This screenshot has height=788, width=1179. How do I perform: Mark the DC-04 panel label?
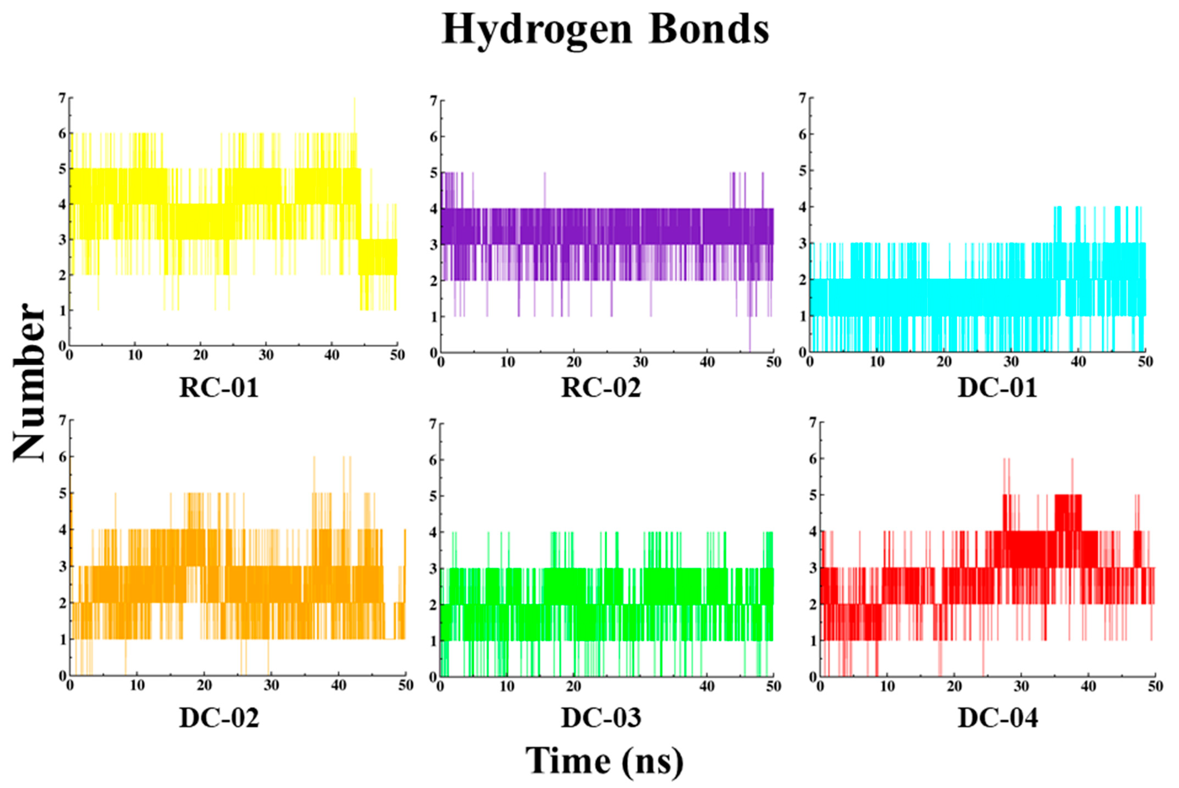[x=998, y=718]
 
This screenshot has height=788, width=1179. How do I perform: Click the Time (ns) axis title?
[x=604, y=761]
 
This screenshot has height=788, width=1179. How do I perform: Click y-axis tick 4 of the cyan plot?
[x=803, y=207]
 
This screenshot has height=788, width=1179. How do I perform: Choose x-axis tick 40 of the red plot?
[x=1088, y=686]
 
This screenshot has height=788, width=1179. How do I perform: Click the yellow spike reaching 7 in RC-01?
[x=354, y=100]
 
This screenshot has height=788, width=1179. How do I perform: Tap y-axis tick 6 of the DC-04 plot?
[x=813, y=459]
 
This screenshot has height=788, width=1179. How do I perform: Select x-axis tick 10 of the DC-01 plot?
[x=877, y=362]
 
